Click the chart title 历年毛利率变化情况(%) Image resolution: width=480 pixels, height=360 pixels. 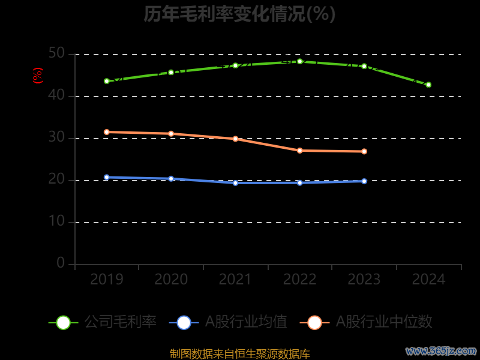click(x=239, y=13)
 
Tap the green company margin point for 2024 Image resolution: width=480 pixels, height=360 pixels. click(x=428, y=85)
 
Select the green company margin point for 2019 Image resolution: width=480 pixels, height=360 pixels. click(x=107, y=81)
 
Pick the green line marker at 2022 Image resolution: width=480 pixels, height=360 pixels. click(x=300, y=61)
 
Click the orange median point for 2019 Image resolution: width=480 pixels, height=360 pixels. click(x=107, y=132)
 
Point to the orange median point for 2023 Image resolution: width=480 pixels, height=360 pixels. click(x=364, y=151)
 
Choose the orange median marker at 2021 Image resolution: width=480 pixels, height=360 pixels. click(x=235, y=139)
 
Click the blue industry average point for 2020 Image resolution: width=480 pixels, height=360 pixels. click(x=171, y=179)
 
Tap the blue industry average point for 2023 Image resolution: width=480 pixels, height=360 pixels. click(x=364, y=181)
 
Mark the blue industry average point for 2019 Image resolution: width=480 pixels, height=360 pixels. click(x=107, y=178)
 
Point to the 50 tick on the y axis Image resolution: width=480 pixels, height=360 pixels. click(x=56, y=54)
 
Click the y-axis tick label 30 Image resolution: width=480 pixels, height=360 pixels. click(x=56, y=138)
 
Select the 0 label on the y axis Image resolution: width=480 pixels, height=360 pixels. click(x=61, y=263)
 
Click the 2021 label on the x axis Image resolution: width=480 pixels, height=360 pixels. click(x=235, y=280)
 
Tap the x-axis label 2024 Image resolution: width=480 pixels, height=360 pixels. click(x=428, y=280)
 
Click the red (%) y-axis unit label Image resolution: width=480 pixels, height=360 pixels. click(x=37, y=76)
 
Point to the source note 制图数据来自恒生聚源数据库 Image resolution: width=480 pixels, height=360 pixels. click(x=239, y=353)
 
